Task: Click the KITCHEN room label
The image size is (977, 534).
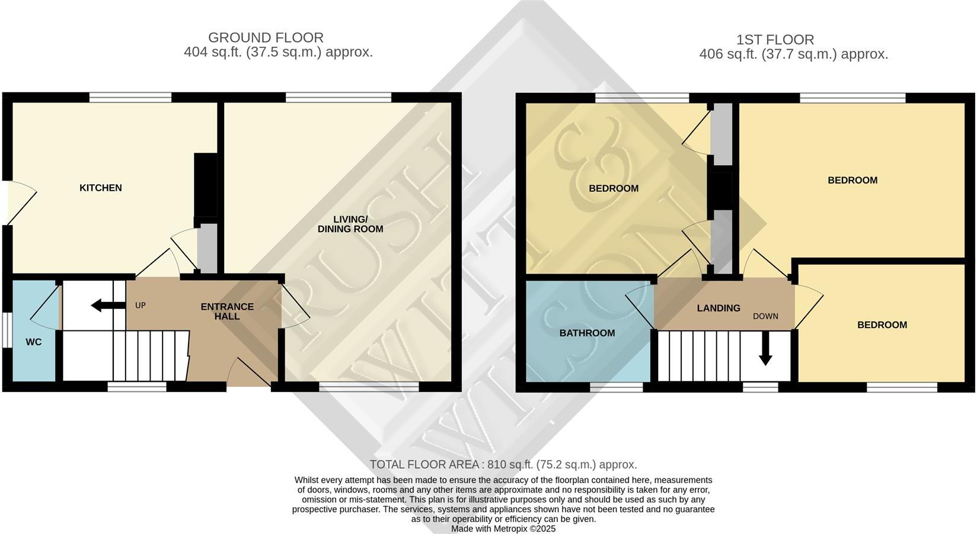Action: pyautogui.click(x=101, y=188)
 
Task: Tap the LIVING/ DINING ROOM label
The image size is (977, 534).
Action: pyautogui.click(x=350, y=224)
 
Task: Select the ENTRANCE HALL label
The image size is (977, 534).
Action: pyautogui.click(x=227, y=311)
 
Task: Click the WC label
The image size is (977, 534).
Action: pyautogui.click(x=34, y=342)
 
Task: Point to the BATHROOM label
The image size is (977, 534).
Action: pyautogui.click(x=587, y=333)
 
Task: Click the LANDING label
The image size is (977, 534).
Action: pyautogui.click(x=719, y=308)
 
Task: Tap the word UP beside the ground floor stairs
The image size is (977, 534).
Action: pyautogui.click(x=141, y=305)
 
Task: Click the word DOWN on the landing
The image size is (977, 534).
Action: pyautogui.click(x=765, y=316)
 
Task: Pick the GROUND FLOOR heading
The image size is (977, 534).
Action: pyautogui.click(x=266, y=38)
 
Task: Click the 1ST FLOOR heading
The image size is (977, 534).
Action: pyautogui.click(x=775, y=40)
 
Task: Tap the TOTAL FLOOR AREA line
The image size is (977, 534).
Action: pyautogui.click(x=503, y=465)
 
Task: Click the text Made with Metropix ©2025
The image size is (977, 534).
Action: pyautogui.click(x=503, y=529)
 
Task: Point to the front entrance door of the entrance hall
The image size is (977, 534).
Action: pyautogui.click(x=250, y=373)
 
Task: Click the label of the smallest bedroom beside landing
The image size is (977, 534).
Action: pyautogui.click(x=882, y=325)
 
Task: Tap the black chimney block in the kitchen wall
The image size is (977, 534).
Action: pyautogui.click(x=205, y=185)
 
